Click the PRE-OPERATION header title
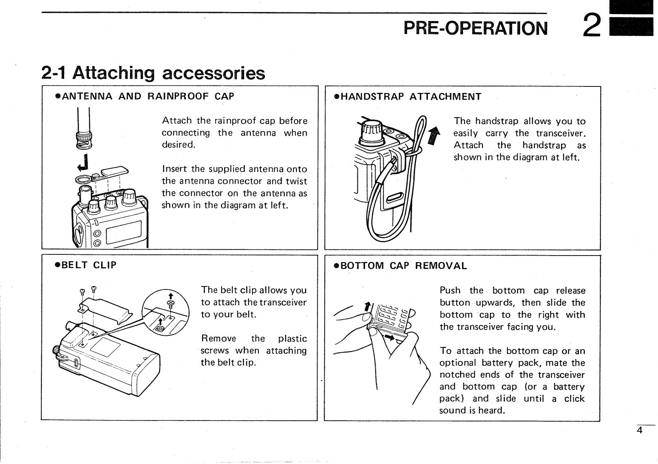coord(475,28)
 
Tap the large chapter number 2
coord(591,25)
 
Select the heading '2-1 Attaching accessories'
coord(153,73)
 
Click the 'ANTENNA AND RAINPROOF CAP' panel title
coord(145,96)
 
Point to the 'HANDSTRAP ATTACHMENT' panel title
coord(407,97)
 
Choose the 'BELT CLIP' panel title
coord(86,265)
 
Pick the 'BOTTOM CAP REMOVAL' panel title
coord(400,266)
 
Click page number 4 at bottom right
coord(639,430)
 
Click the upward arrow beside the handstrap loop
coord(433,136)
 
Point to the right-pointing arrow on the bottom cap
coord(390,338)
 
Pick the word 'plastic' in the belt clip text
coord(292,339)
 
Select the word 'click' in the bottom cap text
coord(574,399)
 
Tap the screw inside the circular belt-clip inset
coord(169,304)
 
